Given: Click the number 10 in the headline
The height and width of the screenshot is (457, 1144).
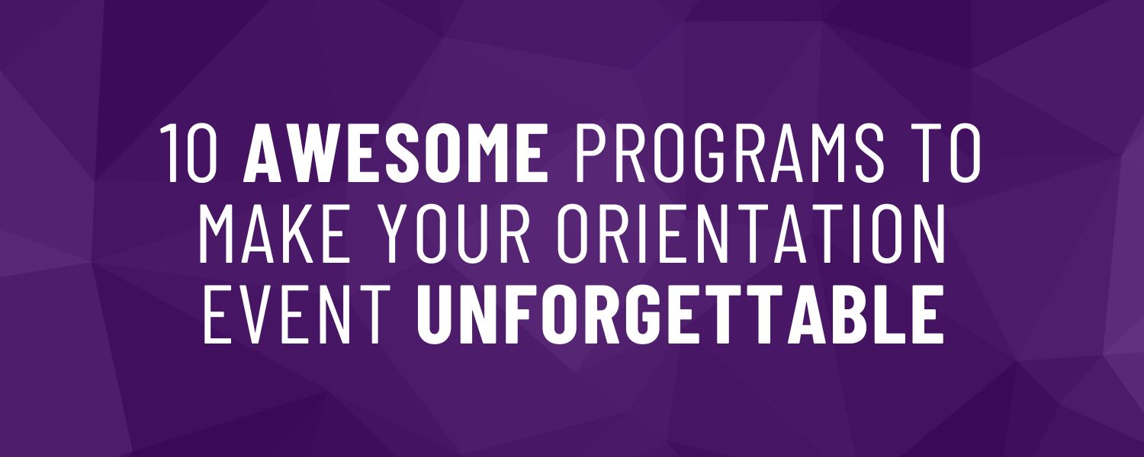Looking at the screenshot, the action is pos(189,152).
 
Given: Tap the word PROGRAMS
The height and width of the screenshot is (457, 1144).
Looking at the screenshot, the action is pos(729,152).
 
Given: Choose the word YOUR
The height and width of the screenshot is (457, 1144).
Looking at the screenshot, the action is pos(456,233).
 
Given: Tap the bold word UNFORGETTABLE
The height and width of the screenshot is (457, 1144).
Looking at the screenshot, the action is pos(680,314).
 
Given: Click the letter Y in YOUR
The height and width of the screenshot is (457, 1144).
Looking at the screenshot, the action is pos(400,233).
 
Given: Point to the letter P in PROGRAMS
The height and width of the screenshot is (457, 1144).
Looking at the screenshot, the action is pos(593,152).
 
